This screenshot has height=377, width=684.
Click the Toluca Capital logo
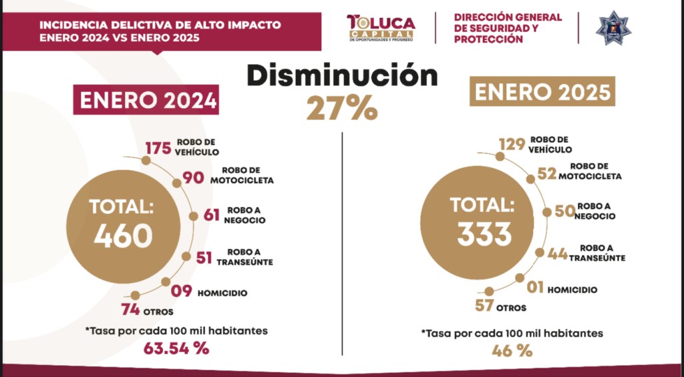[x=381, y=28]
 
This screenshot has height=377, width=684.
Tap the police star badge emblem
[x=613, y=27]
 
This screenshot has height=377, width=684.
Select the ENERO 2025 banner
[x=542, y=91]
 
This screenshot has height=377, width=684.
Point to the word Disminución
[x=342, y=76]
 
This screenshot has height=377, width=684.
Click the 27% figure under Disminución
[x=342, y=108]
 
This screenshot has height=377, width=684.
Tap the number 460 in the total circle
[x=124, y=236]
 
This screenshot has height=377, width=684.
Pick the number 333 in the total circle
[x=485, y=233]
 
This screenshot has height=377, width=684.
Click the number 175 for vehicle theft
[x=158, y=147]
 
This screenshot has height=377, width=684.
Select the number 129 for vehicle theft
[x=512, y=144]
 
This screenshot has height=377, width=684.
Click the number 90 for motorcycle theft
[x=193, y=178]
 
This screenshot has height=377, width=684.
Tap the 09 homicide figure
[x=180, y=292]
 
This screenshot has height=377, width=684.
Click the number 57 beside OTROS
[x=487, y=307]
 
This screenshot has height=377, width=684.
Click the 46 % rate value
[x=512, y=350]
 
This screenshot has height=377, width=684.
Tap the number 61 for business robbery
[x=211, y=215]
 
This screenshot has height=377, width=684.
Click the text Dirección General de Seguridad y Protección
[x=508, y=28]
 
